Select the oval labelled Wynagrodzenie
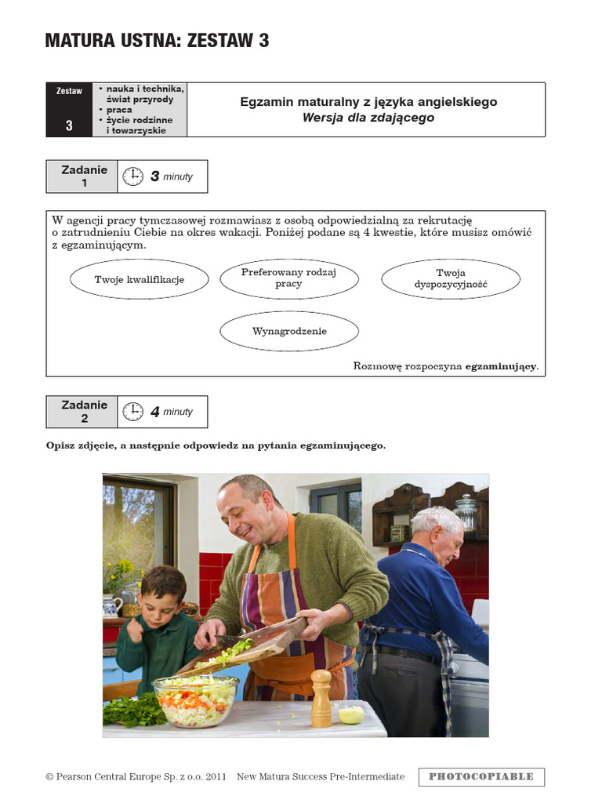click(289, 331)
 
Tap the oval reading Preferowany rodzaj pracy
click(288, 278)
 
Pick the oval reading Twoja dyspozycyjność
click(451, 279)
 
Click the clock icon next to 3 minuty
click(133, 176)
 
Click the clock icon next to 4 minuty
click(133, 412)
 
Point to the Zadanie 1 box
click(82, 176)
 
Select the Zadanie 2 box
click(82, 412)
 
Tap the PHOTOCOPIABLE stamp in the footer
click(481, 776)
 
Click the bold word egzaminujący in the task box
click(501, 366)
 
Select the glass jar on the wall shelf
click(466, 513)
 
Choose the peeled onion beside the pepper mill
click(350, 714)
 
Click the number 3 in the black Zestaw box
click(69, 125)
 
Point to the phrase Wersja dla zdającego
click(368, 118)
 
